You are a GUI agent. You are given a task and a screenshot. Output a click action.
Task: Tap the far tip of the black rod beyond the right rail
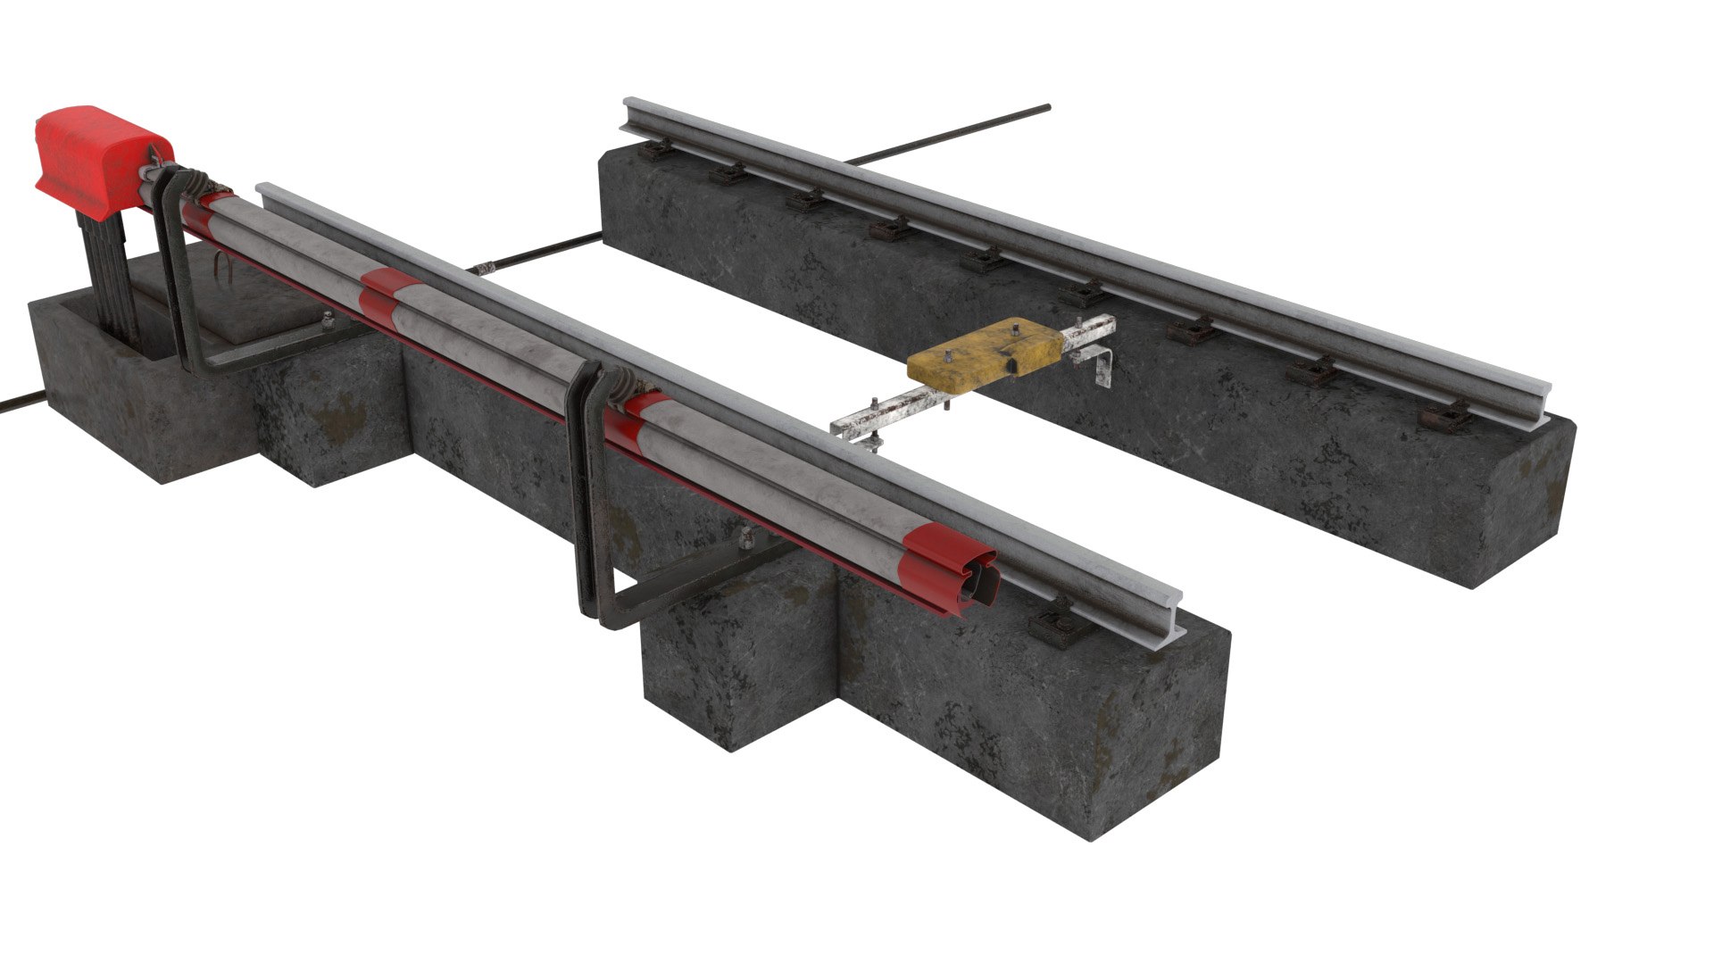click(1046, 109)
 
